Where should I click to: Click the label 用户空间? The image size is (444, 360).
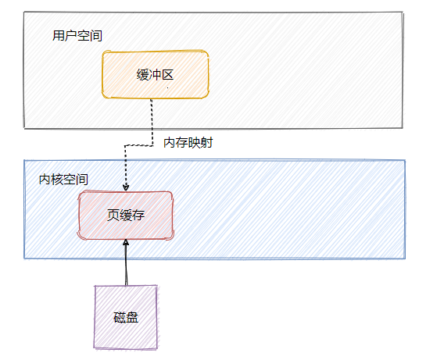77,36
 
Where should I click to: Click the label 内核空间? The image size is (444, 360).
63,180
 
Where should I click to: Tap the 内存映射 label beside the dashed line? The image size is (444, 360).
188,143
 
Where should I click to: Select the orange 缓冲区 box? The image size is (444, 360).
156,74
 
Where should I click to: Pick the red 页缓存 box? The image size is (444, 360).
125,216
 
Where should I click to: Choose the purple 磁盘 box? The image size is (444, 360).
126,317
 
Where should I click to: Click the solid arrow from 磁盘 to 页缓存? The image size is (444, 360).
126,262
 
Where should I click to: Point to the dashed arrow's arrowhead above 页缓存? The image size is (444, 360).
126,187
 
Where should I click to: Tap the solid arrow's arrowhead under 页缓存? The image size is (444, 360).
126,243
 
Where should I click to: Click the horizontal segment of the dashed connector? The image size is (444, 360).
139,146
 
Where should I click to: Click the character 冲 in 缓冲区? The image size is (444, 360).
156,75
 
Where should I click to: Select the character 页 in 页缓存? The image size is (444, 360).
113,216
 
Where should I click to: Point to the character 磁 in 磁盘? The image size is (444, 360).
120,317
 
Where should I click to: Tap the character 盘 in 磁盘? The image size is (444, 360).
132,317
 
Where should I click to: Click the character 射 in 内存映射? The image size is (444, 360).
207,143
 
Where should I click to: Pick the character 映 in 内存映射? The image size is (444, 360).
195,143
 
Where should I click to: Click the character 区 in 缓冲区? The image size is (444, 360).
167,75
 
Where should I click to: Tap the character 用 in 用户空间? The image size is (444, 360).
59,36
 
